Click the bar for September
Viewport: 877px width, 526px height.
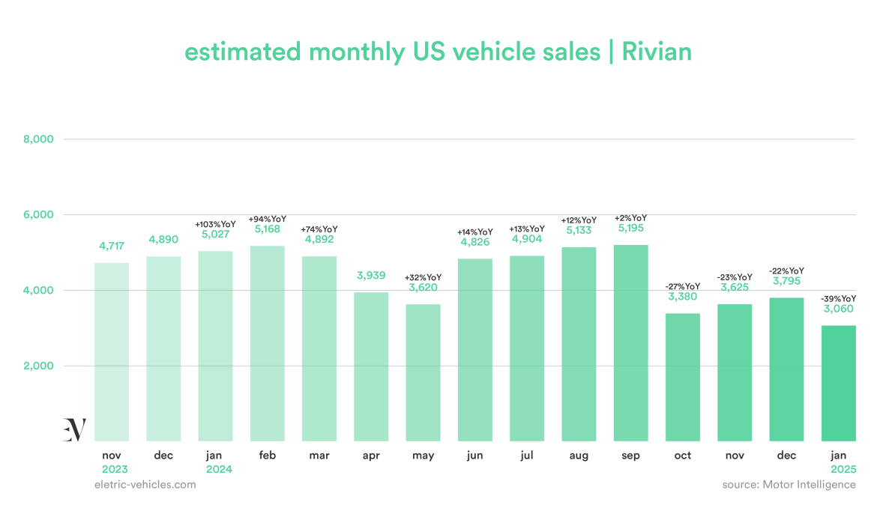(630, 343)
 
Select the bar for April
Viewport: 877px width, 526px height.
(371, 366)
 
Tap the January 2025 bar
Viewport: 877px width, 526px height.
(838, 383)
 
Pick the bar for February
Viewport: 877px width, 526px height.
(268, 343)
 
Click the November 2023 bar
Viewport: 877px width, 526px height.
(112, 351)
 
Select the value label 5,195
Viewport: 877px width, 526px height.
(631, 228)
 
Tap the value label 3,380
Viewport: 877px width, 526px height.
(683, 296)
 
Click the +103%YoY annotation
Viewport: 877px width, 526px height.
(215, 224)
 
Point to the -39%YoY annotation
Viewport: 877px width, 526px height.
(838, 298)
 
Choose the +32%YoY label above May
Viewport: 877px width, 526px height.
(424, 276)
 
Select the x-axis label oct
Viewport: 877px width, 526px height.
(683, 456)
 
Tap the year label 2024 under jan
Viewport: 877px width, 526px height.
(215, 469)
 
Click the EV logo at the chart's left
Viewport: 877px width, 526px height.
(74, 429)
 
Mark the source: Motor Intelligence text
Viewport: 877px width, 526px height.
(789, 485)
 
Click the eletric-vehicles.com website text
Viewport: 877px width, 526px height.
(145, 485)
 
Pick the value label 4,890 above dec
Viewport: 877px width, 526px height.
(163, 239)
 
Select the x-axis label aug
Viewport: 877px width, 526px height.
(579, 456)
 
